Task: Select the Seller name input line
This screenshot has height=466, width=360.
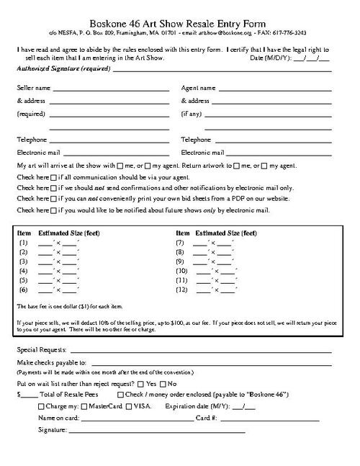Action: click(111, 88)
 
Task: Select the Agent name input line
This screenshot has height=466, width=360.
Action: click(275, 88)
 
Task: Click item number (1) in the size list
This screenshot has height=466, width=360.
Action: click(22, 243)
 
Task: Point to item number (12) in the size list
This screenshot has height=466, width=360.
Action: click(183, 289)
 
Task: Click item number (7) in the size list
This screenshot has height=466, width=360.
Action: click(181, 243)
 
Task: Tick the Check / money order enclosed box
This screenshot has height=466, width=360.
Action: click(120, 395)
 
